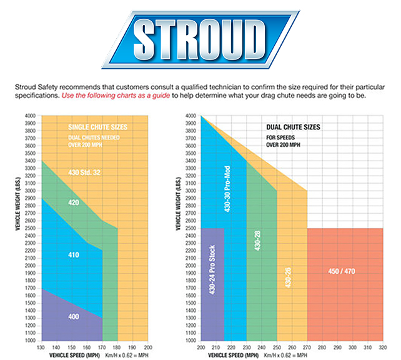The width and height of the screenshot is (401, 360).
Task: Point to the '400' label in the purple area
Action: [73, 317]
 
